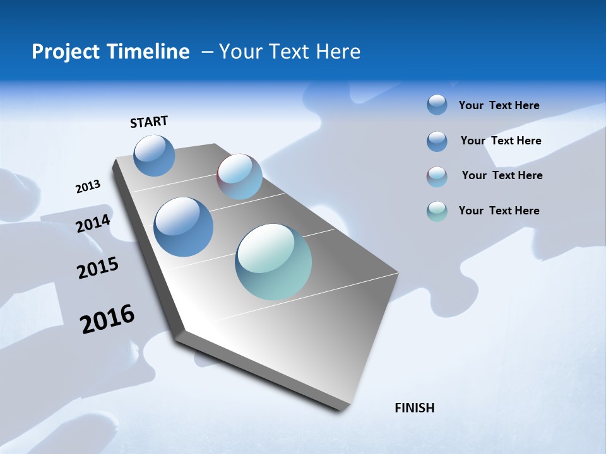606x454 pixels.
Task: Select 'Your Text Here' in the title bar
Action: [x=290, y=52]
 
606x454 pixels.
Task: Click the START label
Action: [x=149, y=122]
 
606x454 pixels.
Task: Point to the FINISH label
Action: [x=414, y=408]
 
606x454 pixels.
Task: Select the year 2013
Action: [x=88, y=187]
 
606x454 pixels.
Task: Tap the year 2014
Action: [x=93, y=223]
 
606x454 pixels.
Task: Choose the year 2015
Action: [x=98, y=268]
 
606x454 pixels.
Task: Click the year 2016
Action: [x=107, y=319]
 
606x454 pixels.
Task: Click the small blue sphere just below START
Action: [x=155, y=155]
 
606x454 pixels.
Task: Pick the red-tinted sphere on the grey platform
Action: [x=239, y=176]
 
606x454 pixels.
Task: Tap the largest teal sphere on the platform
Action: [x=273, y=261]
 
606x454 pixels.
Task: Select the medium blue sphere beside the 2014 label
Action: [x=184, y=226]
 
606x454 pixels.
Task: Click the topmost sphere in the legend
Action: [x=437, y=105]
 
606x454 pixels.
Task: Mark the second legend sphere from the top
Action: [x=437, y=141]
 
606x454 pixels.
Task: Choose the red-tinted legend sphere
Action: [x=437, y=177]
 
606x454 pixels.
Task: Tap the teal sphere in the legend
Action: [x=437, y=211]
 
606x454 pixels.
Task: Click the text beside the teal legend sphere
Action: [x=499, y=211]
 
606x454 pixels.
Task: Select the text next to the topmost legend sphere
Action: [x=499, y=105]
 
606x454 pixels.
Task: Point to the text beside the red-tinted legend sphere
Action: [x=502, y=175]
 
